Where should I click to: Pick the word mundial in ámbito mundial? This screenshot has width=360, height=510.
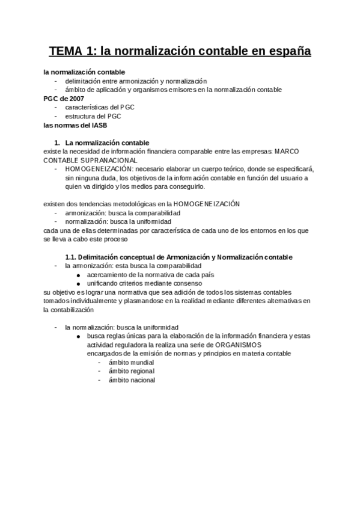point(140,363)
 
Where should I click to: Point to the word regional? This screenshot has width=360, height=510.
point(141,371)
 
